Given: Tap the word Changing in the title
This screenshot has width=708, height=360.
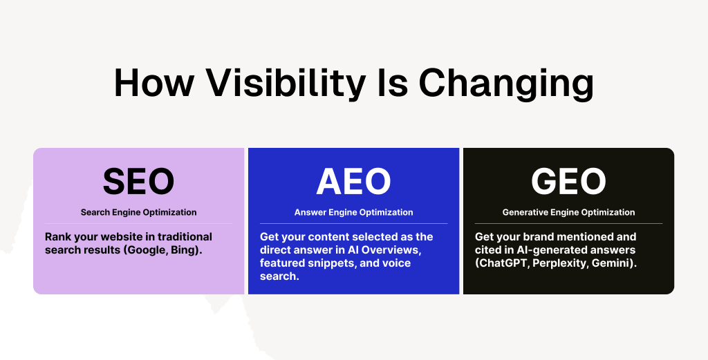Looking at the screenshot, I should point(507,84).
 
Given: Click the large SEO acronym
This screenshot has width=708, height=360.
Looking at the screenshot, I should point(138,181).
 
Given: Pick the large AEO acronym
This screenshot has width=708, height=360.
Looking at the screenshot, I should point(353,181).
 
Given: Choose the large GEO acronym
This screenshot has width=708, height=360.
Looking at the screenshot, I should point(568,181).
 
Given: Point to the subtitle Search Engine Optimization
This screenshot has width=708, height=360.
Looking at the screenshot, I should point(138,212).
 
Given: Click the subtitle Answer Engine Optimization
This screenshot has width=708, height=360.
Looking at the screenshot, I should point(353,212).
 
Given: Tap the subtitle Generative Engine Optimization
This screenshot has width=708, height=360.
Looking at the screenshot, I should point(568,212).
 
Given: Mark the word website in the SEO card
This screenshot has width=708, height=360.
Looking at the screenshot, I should point(118,236).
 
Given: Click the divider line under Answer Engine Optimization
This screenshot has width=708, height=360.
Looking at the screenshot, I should point(353,223).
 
